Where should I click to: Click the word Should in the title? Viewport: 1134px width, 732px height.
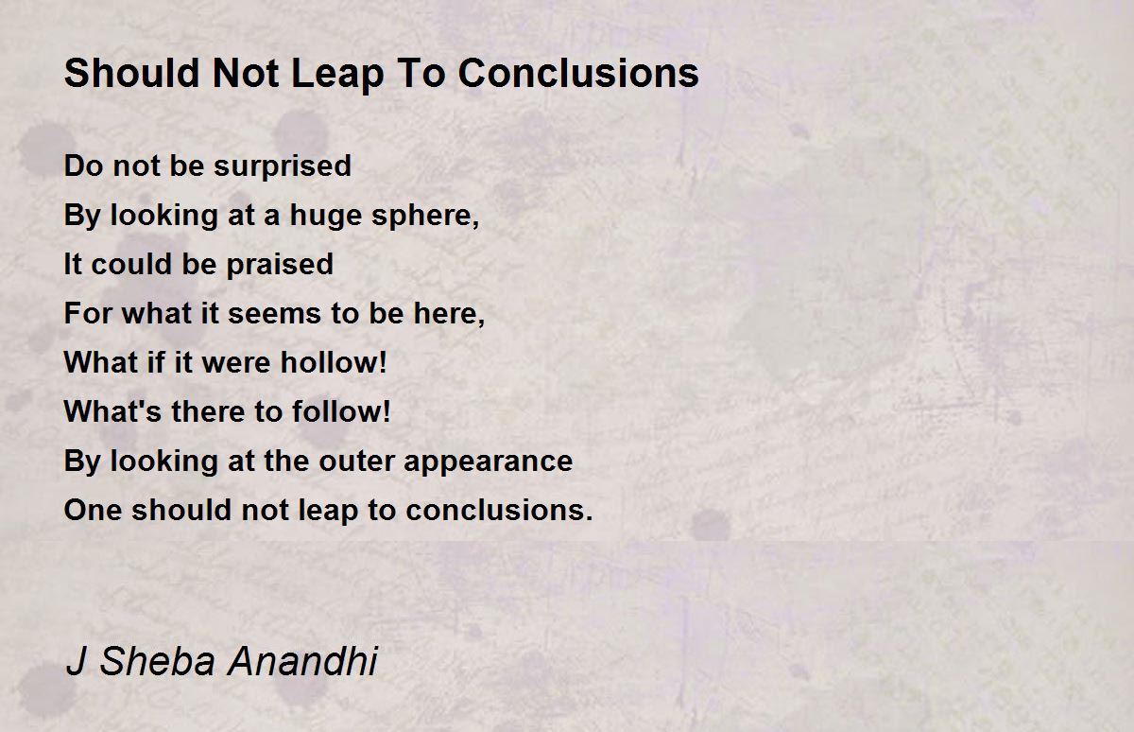(132, 73)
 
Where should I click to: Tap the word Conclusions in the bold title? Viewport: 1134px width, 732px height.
(578, 73)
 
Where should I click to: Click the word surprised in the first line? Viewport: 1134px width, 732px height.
(283, 166)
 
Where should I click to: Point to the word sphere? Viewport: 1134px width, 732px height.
(425, 216)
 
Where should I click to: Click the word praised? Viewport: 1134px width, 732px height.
(280, 265)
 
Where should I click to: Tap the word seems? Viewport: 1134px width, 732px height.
(274, 314)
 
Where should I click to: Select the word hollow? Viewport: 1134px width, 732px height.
(334, 363)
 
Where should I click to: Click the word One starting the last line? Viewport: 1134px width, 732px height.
(93, 510)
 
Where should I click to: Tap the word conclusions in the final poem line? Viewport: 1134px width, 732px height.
(499, 510)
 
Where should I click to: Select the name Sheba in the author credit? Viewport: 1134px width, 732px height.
(158, 661)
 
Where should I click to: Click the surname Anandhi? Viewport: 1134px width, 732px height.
(302, 661)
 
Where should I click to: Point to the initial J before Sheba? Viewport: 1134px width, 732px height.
(76, 661)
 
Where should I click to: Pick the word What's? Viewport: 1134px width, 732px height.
(112, 411)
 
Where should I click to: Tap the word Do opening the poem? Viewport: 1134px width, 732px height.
(83, 166)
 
